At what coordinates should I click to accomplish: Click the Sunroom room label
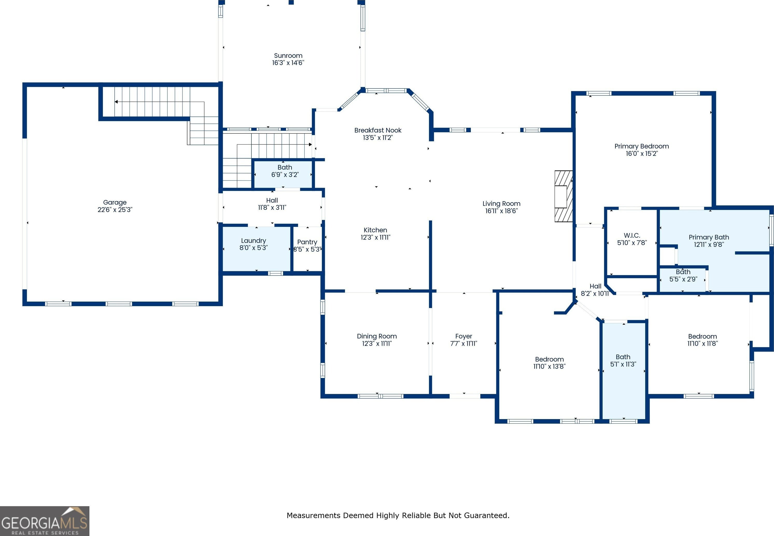pos(288,56)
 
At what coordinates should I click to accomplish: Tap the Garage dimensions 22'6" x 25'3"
pos(115,210)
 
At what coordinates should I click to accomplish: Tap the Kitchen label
pos(375,230)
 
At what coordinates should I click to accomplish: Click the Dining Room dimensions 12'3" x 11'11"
pos(377,344)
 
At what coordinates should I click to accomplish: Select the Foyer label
pos(463,336)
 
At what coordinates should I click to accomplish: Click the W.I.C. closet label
pos(632,235)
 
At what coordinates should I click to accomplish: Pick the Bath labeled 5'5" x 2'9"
pos(683,275)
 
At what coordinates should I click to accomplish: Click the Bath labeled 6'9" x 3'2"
pos(285,171)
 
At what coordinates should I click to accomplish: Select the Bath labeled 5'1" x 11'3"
pos(623,361)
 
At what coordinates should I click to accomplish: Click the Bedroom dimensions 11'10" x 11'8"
pos(702,344)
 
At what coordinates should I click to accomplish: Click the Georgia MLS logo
pos(45,521)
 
